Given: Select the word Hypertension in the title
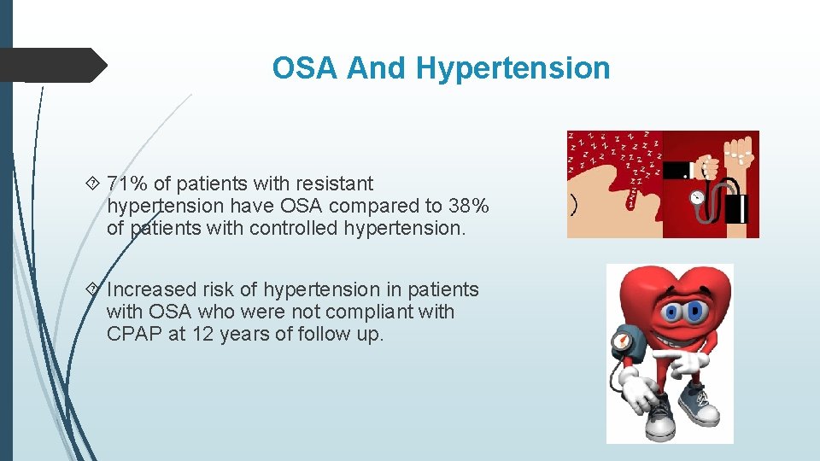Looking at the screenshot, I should (513, 68).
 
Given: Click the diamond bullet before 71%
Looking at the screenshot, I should (93, 184).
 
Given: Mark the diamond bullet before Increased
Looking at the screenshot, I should (93, 289).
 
